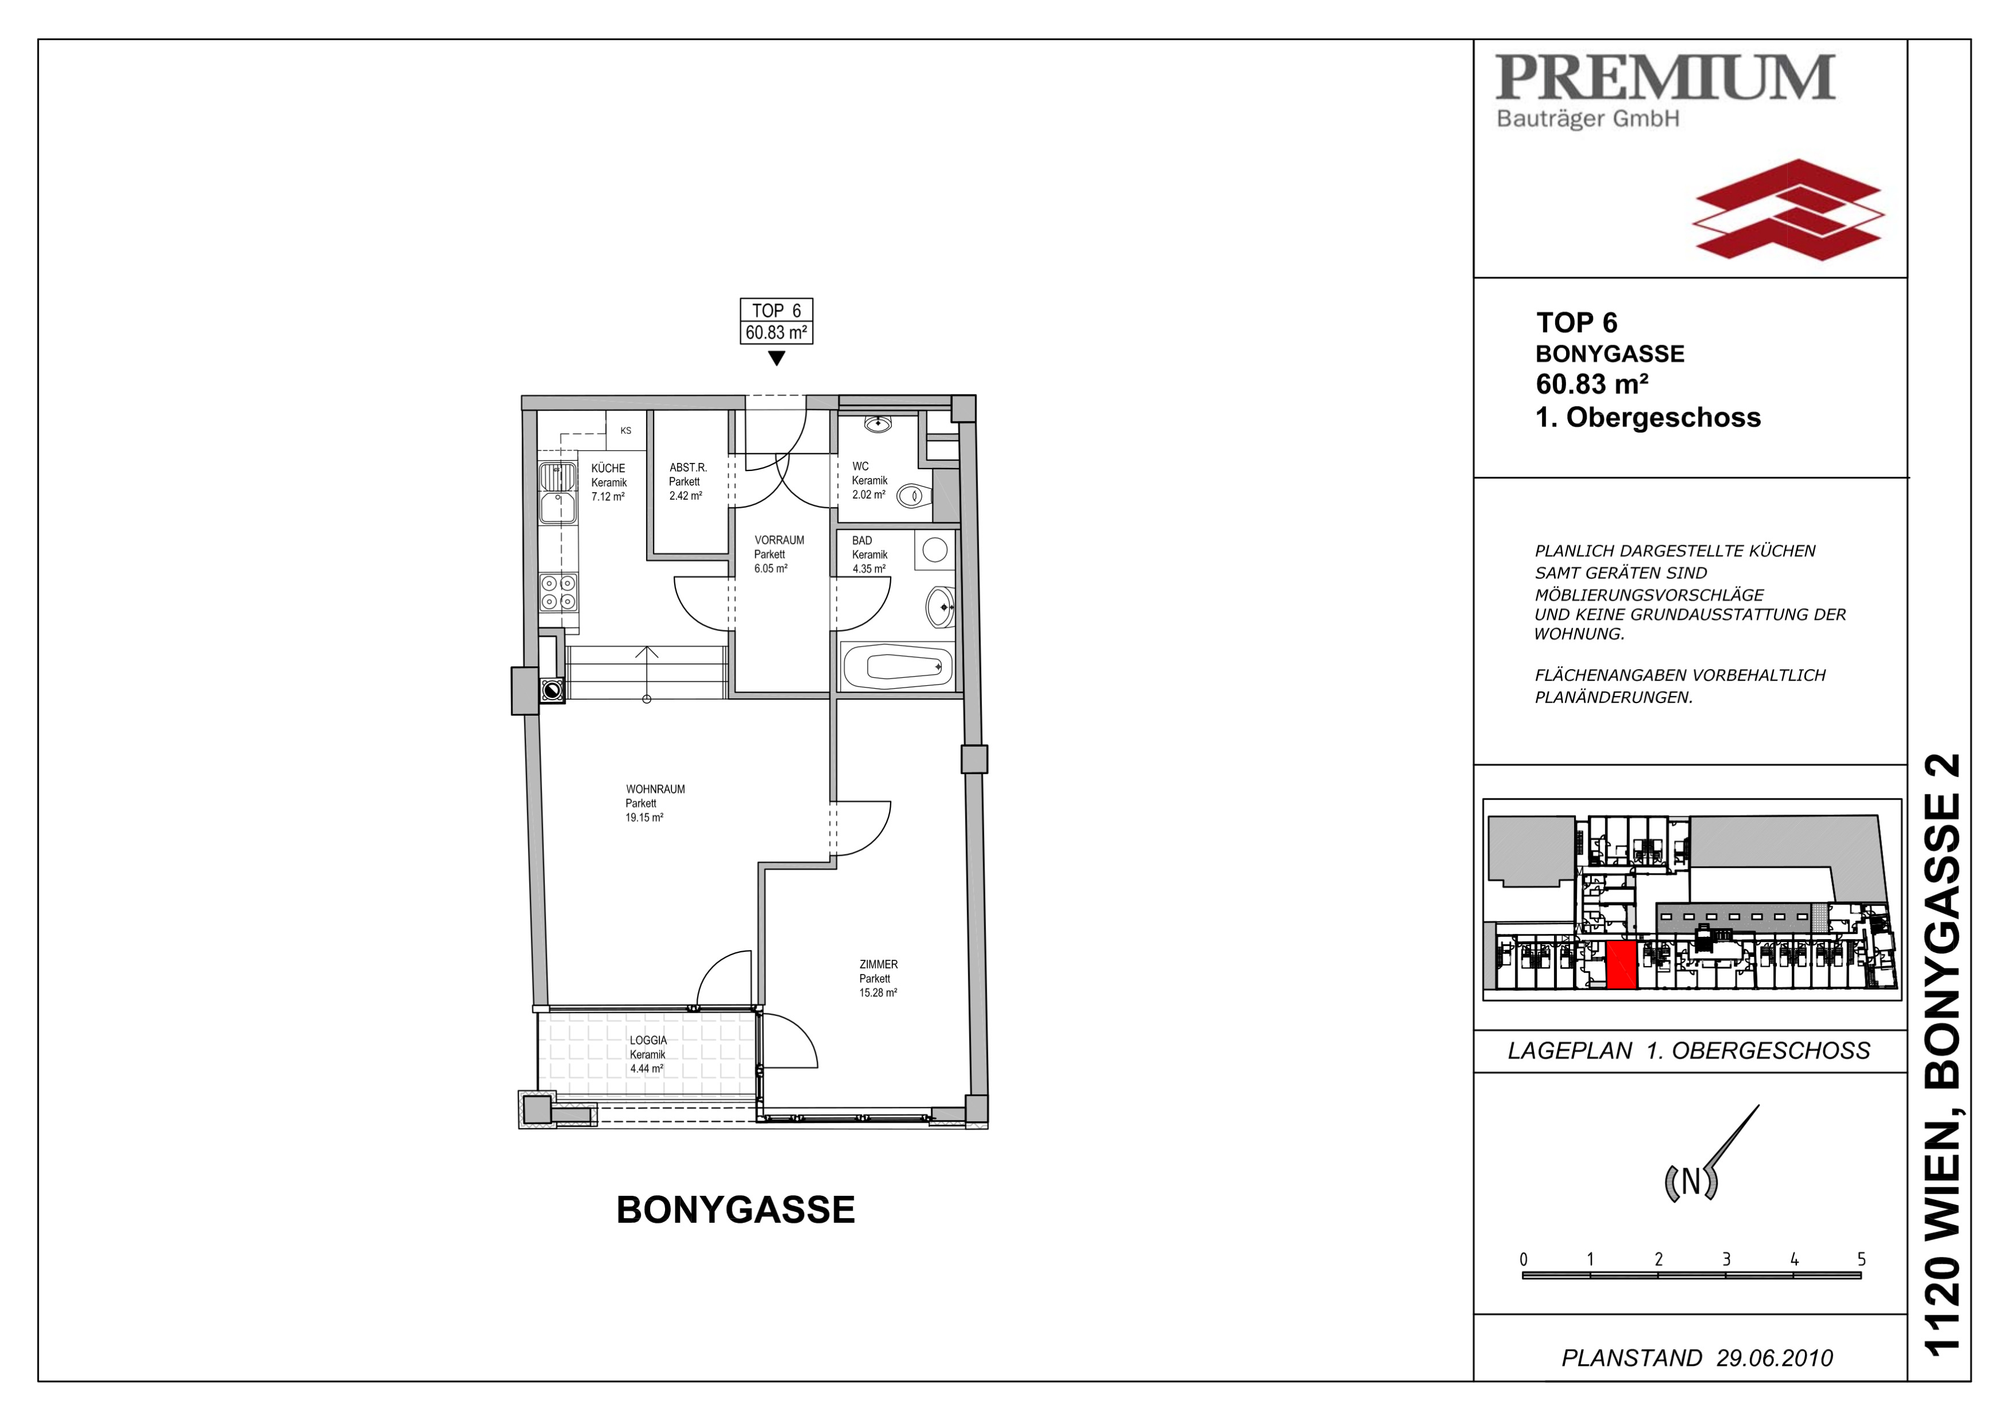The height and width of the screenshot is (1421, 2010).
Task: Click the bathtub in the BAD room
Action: pyautogui.click(x=897, y=667)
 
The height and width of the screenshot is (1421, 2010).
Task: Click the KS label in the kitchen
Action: pyautogui.click(x=626, y=431)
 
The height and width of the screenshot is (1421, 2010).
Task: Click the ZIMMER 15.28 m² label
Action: pyautogui.click(x=878, y=979)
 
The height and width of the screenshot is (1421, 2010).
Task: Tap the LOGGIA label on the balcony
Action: pyautogui.click(x=648, y=1040)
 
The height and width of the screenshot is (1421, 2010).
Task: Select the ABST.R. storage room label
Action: pyautogui.click(x=688, y=468)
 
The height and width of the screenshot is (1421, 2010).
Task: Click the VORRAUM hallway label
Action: pyautogui.click(x=779, y=540)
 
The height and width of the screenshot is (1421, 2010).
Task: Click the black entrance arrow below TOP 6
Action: pyautogui.click(x=776, y=358)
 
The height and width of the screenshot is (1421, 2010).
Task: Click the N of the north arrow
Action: pyautogui.click(x=1691, y=1182)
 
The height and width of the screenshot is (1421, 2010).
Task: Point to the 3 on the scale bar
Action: pyautogui.click(x=1726, y=1259)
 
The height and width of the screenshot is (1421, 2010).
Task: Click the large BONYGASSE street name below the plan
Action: pyautogui.click(x=735, y=1210)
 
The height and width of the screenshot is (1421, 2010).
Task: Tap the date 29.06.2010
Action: pyautogui.click(x=1775, y=1358)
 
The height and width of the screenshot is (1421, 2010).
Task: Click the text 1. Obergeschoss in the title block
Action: pyautogui.click(x=1648, y=418)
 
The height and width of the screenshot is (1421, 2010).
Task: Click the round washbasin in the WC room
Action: pyautogui.click(x=877, y=424)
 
